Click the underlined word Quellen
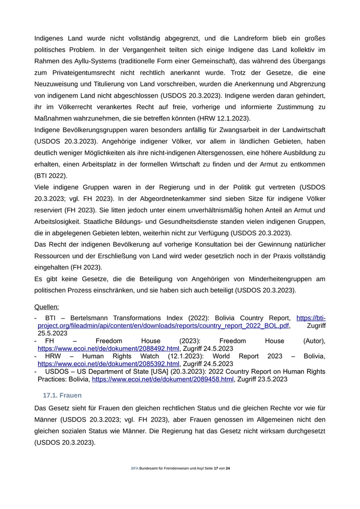(46, 307)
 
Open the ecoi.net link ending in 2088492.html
(108, 348)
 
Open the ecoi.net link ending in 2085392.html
(108, 363)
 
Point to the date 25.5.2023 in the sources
(52, 333)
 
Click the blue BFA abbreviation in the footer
(135, 468)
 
